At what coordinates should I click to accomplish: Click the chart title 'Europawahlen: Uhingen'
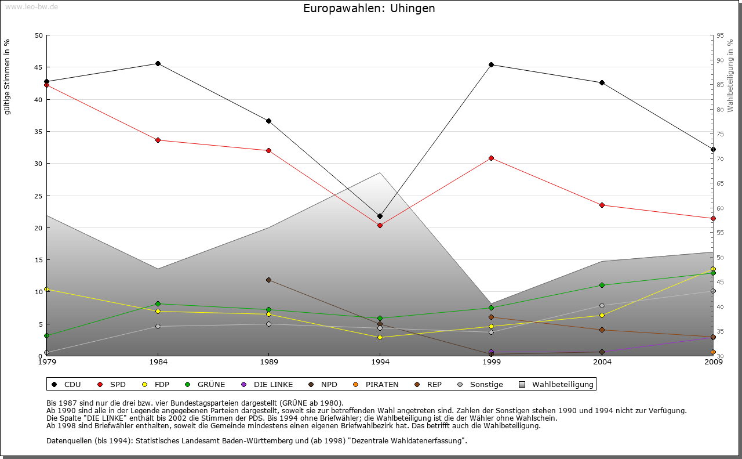[x=369, y=9]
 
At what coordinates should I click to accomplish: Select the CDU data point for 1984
[x=158, y=63]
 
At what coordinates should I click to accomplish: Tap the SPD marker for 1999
[x=491, y=158]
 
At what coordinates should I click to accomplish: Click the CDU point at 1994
[x=380, y=216]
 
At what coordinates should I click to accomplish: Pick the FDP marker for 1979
[x=46, y=289]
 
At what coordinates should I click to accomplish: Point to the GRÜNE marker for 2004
[x=602, y=285]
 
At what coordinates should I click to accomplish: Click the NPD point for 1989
[x=268, y=280]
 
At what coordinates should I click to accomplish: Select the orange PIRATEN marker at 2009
[x=713, y=352]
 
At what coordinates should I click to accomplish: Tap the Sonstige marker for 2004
[x=602, y=305]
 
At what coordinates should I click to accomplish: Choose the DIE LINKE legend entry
[x=267, y=384]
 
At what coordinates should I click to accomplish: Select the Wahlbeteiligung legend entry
[x=557, y=384]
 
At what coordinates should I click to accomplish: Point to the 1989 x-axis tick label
[x=269, y=362]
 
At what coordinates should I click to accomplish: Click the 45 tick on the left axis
[x=39, y=67]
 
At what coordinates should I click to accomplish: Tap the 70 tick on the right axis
[x=720, y=159]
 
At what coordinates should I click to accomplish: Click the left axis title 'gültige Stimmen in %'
[x=8, y=77]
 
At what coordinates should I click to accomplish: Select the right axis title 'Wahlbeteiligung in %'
[x=730, y=75]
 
